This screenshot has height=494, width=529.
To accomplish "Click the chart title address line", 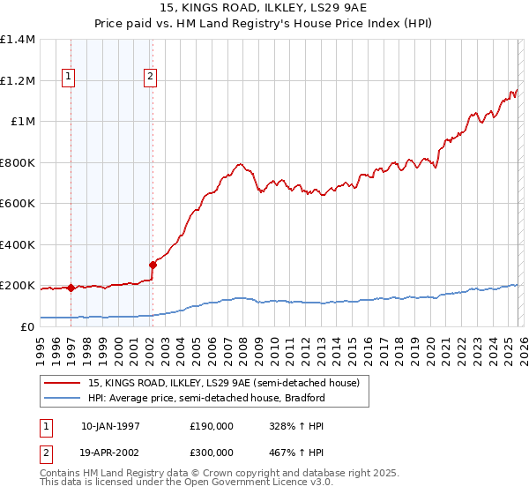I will pos(264,8).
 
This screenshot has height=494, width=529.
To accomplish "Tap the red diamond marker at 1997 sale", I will pos(71,288).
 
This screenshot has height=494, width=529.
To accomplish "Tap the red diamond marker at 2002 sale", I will pos(153,265).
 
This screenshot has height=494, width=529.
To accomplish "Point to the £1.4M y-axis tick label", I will pos(18,40).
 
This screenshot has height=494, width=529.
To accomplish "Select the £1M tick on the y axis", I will pos(23,122).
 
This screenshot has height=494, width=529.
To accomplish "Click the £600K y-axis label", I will pos(18,204).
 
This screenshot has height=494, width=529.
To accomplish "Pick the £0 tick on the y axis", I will pos(28,326).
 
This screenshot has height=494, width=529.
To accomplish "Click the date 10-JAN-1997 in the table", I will pos(110,425).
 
